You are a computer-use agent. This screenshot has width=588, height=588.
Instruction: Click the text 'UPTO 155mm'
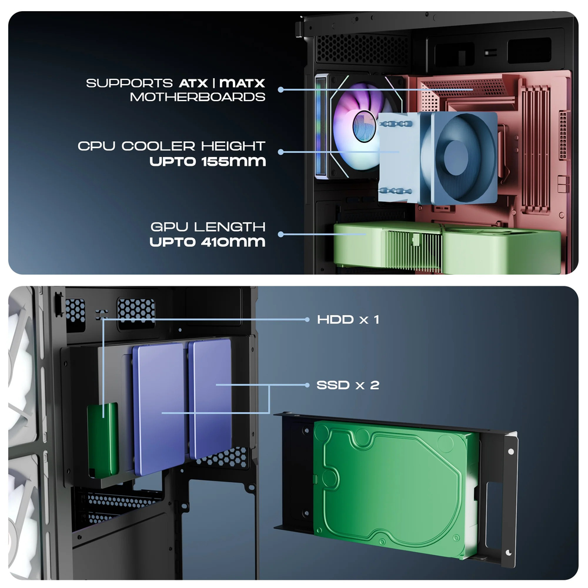tap(208, 161)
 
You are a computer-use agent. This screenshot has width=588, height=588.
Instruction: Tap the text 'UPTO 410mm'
tap(208, 241)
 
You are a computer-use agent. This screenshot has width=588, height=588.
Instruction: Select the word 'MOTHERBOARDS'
tap(198, 97)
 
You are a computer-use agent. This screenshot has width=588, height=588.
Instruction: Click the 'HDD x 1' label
tap(348, 320)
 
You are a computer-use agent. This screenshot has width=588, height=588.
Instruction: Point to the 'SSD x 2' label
tap(348, 385)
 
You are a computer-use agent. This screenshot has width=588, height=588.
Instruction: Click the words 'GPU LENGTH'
tap(208, 226)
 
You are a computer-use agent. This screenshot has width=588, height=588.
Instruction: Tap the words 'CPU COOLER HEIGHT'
tap(172, 146)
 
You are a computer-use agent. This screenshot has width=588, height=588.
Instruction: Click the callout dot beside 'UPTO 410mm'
tap(281, 234)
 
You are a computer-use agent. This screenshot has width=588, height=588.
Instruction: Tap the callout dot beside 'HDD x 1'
tap(307, 320)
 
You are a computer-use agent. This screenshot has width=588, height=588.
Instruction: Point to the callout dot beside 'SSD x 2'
tap(307, 385)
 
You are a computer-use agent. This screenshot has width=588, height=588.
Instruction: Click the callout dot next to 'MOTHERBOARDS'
tap(281, 90)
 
